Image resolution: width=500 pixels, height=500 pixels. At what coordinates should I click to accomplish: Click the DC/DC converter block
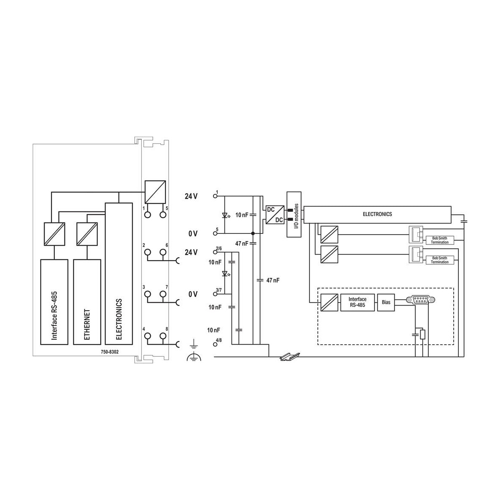point(275,215)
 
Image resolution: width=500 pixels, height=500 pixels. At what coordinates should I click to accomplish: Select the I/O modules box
point(294,214)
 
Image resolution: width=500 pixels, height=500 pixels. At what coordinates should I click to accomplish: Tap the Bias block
point(386,302)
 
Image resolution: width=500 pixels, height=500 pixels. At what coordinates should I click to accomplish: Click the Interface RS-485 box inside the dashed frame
point(357,302)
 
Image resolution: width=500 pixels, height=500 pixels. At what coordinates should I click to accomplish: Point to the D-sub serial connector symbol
point(420,299)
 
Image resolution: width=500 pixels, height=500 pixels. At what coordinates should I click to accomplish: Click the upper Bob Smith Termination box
point(440,240)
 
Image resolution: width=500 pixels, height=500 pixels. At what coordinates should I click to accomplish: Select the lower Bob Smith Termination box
point(440,260)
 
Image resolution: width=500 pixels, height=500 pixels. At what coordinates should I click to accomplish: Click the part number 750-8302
point(110,352)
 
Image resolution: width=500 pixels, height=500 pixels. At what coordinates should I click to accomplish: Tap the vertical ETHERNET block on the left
point(87,302)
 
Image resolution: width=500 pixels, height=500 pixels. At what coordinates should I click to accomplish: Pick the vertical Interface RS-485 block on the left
point(54,302)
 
